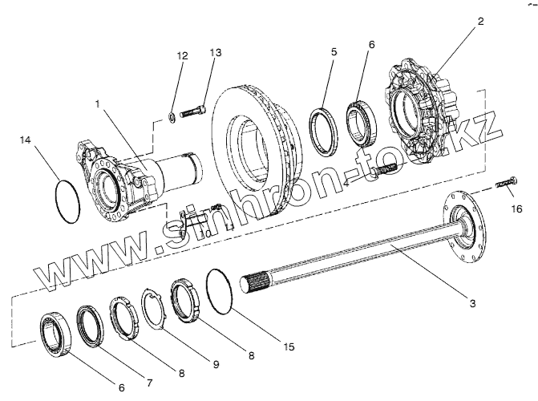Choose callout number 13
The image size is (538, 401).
[x=215, y=52]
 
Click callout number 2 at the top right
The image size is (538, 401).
[x=480, y=22]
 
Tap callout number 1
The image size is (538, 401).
[x=99, y=104]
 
